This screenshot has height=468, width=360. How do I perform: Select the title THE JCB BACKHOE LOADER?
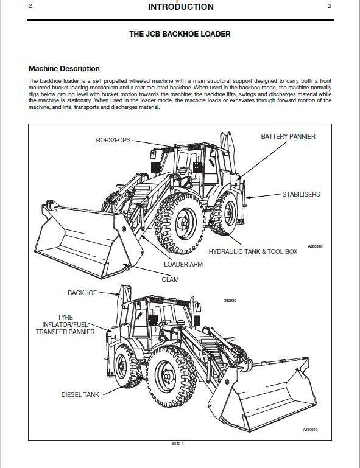[x=180, y=34]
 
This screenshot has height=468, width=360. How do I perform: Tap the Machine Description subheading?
[x=64, y=69]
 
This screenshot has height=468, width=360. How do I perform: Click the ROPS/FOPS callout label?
[x=113, y=140]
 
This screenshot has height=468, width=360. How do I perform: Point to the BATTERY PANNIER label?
[x=288, y=136]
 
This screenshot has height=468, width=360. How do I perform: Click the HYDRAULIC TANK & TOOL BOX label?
[x=253, y=251]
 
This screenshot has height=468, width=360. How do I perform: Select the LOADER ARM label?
[x=183, y=265]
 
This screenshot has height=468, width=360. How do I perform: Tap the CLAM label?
[x=170, y=280]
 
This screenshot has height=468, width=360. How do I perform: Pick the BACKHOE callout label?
[x=82, y=293]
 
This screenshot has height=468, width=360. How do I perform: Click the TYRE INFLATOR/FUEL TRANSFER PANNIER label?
[x=65, y=324]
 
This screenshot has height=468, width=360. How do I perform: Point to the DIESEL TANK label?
[x=79, y=394]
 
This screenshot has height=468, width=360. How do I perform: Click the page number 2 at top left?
[x=30, y=6]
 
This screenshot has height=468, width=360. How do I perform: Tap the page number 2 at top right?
[x=330, y=6]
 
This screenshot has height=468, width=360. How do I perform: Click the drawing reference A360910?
[x=311, y=430]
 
